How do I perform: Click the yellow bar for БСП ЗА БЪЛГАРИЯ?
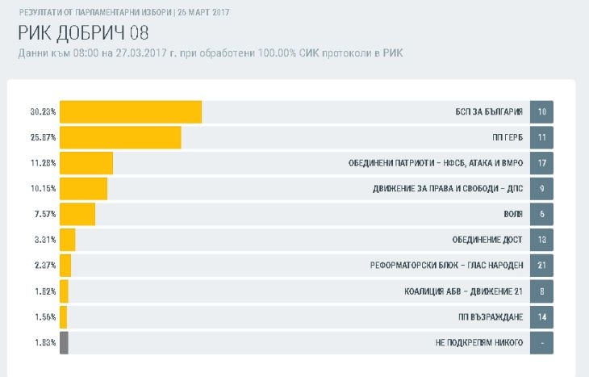(131, 111)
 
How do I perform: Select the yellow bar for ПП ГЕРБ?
(120, 137)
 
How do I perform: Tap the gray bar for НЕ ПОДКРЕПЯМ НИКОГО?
(64, 342)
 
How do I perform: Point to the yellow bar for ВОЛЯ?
(77, 214)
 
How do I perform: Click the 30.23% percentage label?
(44, 111)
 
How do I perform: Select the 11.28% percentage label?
(44, 163)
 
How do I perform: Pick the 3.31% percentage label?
(45, 240)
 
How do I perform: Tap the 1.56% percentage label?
(45, 317)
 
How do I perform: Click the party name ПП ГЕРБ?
(508, 137)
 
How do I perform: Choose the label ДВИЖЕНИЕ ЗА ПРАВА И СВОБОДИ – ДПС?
(448, 188)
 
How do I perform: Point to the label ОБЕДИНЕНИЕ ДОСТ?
(487, 240)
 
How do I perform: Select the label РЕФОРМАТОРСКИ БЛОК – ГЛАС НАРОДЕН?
(446, 266)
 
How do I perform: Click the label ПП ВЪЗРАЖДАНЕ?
(491, 317)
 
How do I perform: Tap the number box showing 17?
(541, 163)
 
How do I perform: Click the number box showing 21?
(541, 266)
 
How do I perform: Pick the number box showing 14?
(541, 317)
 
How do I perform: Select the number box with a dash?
(541, 342)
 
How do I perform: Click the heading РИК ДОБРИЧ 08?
(83, 33)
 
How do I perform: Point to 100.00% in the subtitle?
(277, 53)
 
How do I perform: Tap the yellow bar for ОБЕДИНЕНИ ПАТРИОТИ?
(86, 163)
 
